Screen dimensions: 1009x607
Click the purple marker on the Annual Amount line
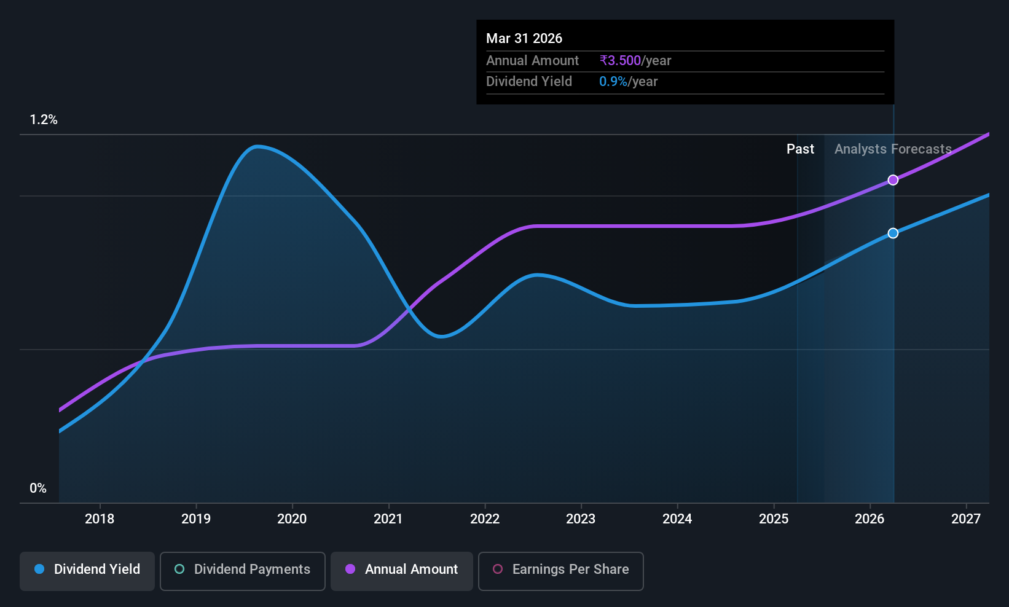(893, 180)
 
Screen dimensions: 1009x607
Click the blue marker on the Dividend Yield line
(893, 233)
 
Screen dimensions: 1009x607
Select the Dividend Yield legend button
(87, 571)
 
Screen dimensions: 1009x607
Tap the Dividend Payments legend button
(242, 571)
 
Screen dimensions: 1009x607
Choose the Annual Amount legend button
(402, 571)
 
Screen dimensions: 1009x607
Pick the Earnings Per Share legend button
(561, 571)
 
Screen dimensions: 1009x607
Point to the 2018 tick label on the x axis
(100, 519)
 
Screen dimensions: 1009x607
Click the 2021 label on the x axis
(388, 519)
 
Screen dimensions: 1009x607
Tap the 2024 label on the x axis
(677, 519)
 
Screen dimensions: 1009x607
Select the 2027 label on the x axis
(966, 519)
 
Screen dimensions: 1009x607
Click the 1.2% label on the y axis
(44, 120)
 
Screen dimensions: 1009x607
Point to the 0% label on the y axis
(38, 488)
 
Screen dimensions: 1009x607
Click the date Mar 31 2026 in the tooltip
(524, 38)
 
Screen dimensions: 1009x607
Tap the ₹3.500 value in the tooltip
(620, 60)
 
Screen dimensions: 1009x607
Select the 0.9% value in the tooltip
(613, 82)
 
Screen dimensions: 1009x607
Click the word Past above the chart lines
(800, 149)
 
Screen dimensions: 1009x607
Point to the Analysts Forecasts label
(893, 149)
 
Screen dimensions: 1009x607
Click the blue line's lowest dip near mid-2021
(441, 337)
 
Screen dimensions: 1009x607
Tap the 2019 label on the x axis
(196, 519)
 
